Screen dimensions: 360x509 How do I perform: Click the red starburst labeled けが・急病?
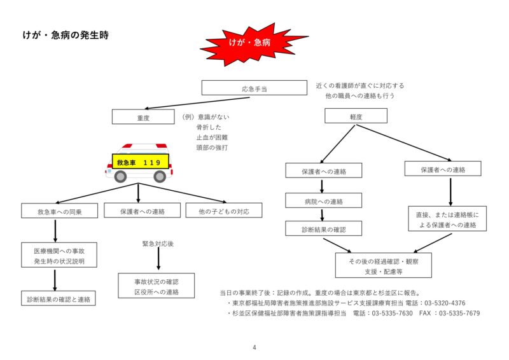coord(249,44)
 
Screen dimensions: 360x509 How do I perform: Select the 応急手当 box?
coord(254,88)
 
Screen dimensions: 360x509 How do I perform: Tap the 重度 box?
coord(143,117)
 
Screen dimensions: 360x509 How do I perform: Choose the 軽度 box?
coord(356,116)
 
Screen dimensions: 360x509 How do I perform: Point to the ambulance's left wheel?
coord(121,176)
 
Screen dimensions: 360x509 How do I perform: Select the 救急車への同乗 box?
coord(59,211)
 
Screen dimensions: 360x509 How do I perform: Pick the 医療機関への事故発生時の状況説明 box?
coord(59,256)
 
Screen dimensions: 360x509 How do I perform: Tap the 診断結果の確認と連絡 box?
coord(59,298)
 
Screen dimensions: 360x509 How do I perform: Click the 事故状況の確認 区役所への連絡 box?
coord(156,286)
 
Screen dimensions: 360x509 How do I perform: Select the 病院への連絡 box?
coord(323,201)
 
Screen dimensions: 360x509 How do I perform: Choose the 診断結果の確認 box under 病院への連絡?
coord(323,228)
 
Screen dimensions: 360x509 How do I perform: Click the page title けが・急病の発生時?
coord(66,36)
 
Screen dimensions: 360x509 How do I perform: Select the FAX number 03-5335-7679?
coord(457,314)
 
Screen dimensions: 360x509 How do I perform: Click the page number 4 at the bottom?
coord(254,347)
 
